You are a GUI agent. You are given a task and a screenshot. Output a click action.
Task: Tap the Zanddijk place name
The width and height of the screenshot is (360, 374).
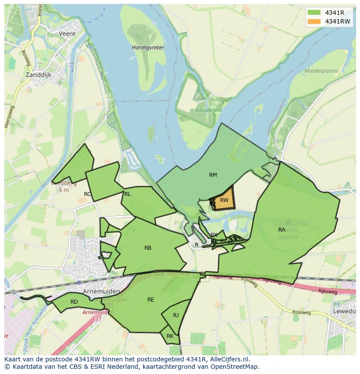(39, 74)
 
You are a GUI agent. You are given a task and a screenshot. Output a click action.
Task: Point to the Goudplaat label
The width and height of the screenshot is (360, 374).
(208, 110)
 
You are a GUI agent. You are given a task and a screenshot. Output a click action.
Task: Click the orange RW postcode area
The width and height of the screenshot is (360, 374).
(225, 201)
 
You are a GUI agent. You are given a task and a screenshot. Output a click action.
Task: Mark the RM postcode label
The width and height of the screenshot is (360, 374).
(213, 175)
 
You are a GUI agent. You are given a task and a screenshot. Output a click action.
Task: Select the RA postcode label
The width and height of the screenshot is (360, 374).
(282, 229)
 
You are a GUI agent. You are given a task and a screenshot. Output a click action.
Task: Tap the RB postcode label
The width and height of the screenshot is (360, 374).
(148, 248)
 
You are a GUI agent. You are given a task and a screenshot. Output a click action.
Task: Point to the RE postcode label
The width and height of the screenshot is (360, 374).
(150, 300)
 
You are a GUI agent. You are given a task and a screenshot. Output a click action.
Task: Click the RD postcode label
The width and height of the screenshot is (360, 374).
(74, 302)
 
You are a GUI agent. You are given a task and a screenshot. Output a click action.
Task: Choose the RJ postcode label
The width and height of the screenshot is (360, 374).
(176, 315)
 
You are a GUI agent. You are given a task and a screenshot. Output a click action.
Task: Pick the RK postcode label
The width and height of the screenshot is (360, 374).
(170, 336)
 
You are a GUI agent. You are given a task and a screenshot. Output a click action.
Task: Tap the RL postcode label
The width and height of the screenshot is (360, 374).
(127, 194)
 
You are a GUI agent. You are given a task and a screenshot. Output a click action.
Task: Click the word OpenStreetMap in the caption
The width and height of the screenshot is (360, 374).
(235, 367)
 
